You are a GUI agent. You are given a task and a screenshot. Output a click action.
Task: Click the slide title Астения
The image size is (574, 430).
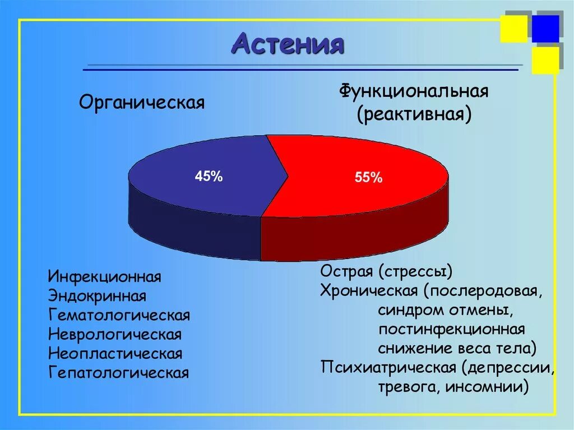point(287,43)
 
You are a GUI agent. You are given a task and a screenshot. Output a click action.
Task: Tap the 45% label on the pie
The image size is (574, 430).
point(209,176)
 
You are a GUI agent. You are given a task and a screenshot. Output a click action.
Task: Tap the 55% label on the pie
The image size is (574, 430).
point(368,178)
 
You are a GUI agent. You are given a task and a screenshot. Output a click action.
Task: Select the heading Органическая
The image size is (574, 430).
point(141,103)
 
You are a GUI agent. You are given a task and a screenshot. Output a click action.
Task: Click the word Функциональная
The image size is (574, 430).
point(413,91)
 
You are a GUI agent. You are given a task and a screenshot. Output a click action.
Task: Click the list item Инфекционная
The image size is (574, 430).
point(105,277)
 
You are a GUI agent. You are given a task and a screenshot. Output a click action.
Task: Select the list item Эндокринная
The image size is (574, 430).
point(98,296)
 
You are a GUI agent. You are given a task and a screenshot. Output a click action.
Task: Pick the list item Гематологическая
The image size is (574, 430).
point(119,316)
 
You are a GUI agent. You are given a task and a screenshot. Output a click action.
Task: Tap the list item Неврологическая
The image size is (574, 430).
point(115,335)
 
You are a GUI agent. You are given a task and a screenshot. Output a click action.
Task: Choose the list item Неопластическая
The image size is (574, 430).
point(115,354)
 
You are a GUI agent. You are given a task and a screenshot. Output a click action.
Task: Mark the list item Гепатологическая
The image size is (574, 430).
point(118,373)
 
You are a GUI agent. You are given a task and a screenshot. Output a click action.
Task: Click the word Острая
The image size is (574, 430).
point(346,272)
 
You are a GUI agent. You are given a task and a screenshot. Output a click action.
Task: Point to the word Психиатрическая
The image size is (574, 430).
point(388,367)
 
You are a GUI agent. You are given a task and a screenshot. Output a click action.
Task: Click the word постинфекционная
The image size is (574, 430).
point(451,329)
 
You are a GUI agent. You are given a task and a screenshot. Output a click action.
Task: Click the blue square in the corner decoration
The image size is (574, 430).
point(545,29)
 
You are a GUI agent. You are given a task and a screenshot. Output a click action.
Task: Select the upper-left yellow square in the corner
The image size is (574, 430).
point(513,29)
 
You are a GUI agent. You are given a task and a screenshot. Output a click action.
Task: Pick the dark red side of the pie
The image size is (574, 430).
point(353,238)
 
